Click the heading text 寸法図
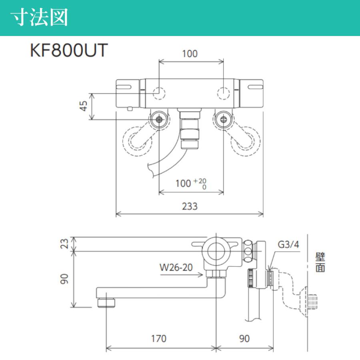pos(39,18)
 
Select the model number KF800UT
pos(69,51)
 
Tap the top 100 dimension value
pos(190,54)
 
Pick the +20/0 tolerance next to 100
pos(203,184)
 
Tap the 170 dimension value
pos(158,338)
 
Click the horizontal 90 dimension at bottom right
pos(244,338)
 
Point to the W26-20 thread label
pos(176,267)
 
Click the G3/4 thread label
pos(288,245)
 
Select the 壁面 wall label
pos(320,262)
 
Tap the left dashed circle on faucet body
pos(159,93)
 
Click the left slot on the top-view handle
pos(125,86)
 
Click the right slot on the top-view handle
pos(256,86)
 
